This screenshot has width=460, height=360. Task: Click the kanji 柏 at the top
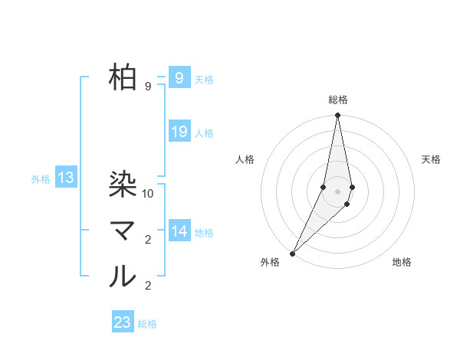(x=123, y=77)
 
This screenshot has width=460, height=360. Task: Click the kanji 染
(x=123, y=184)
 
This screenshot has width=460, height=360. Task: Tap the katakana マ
(x=123, y=231)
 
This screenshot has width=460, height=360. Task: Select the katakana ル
(x=123, y=277)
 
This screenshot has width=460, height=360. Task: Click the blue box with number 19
(x=179, y=132)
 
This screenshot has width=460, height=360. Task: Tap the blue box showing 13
(x=66, y=178)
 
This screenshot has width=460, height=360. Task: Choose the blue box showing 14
(x=179, y=231)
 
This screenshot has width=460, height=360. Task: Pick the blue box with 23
(x=123, y=322)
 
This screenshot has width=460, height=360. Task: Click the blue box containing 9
(x=179, y=77)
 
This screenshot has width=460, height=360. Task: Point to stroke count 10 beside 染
(x=149, y=194)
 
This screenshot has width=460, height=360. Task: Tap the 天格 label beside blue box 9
(x=204, y=79)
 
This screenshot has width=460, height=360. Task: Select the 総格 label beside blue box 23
(x=147, y=324)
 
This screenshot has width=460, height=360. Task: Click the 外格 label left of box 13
(x=41, y=179)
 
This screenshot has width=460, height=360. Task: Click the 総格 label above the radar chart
(x=338, y=100)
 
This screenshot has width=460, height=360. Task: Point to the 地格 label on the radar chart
(x=402, y=262)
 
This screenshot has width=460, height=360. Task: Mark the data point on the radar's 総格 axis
(x=337, y=116)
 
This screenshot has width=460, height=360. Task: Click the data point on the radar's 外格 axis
(x=293, y=253)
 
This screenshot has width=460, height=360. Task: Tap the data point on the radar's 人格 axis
(x=324, y=187)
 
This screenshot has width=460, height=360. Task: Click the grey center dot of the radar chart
(x=337, y=191)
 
